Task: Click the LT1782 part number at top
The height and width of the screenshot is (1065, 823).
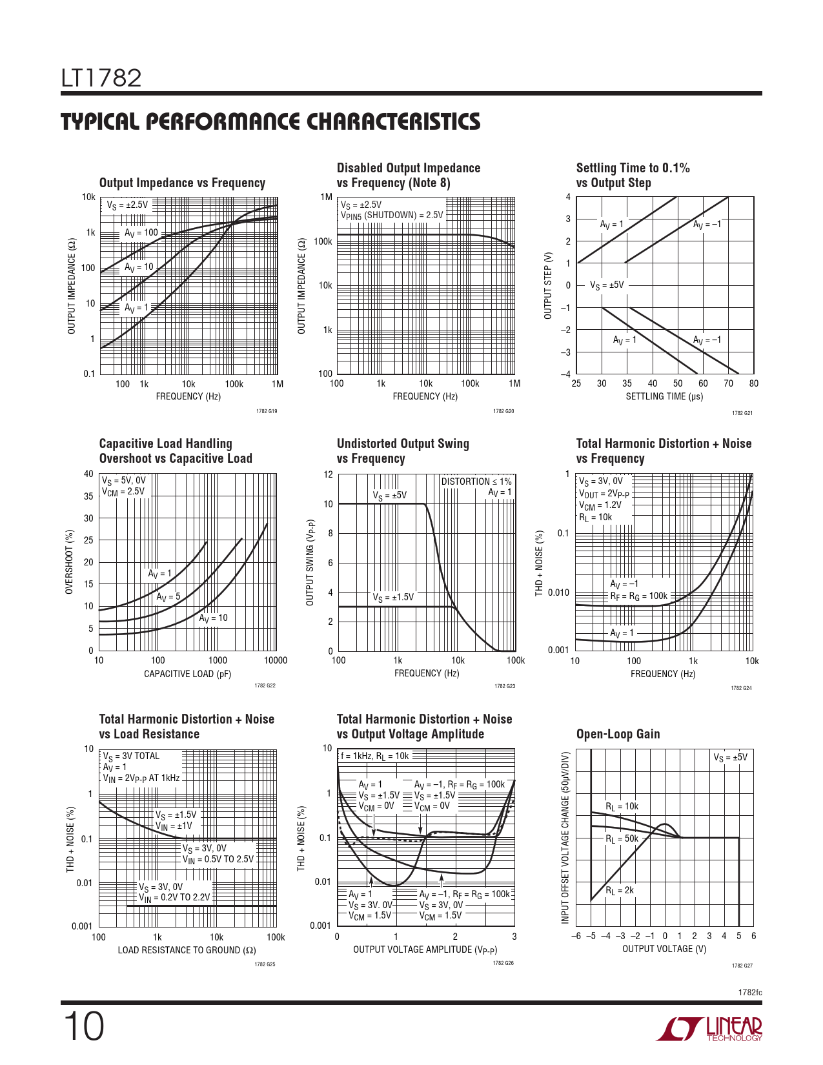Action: [x=101, y=79]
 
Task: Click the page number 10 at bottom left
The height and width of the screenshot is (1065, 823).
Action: [x=83, y=1028]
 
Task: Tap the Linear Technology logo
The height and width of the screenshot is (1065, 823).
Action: [x=709, y=1029]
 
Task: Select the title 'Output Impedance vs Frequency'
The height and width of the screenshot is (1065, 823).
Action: [x=182, y=183]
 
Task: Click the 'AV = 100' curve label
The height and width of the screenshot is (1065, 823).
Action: [x=141, y=233]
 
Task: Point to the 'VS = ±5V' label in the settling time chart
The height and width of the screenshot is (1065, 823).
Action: [x=607, y=285]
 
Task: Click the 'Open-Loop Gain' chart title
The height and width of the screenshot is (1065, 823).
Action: [x=618, y=734]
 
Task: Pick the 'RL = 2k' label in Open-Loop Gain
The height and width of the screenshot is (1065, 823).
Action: [x=620, y=891]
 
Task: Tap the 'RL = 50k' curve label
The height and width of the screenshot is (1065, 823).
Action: [x=622, y=839]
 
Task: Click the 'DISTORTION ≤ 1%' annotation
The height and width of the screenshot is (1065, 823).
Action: [x=476, y=482]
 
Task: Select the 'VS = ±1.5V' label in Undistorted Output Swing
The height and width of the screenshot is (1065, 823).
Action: [x=393, y=598]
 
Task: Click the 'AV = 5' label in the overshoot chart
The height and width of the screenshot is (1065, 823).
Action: [x=168, y=597]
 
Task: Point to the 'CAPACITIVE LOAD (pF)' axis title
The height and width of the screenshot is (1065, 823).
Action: [x=187, y=674]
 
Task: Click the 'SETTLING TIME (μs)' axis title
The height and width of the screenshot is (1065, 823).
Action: [x=664, y=396]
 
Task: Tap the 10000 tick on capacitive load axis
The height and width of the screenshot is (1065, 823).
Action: [x=276, y=660]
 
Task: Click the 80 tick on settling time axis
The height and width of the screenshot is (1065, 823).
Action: [x=754, y=383]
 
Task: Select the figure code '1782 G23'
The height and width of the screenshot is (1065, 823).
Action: [x=505, y=686]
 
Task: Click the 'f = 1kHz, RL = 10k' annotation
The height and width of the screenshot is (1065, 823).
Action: [x=374, y=756]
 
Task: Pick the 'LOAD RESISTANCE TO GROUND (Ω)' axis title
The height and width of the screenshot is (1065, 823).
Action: [x=187, y=950]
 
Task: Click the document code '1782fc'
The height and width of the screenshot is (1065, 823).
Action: [x=750, y=992]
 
